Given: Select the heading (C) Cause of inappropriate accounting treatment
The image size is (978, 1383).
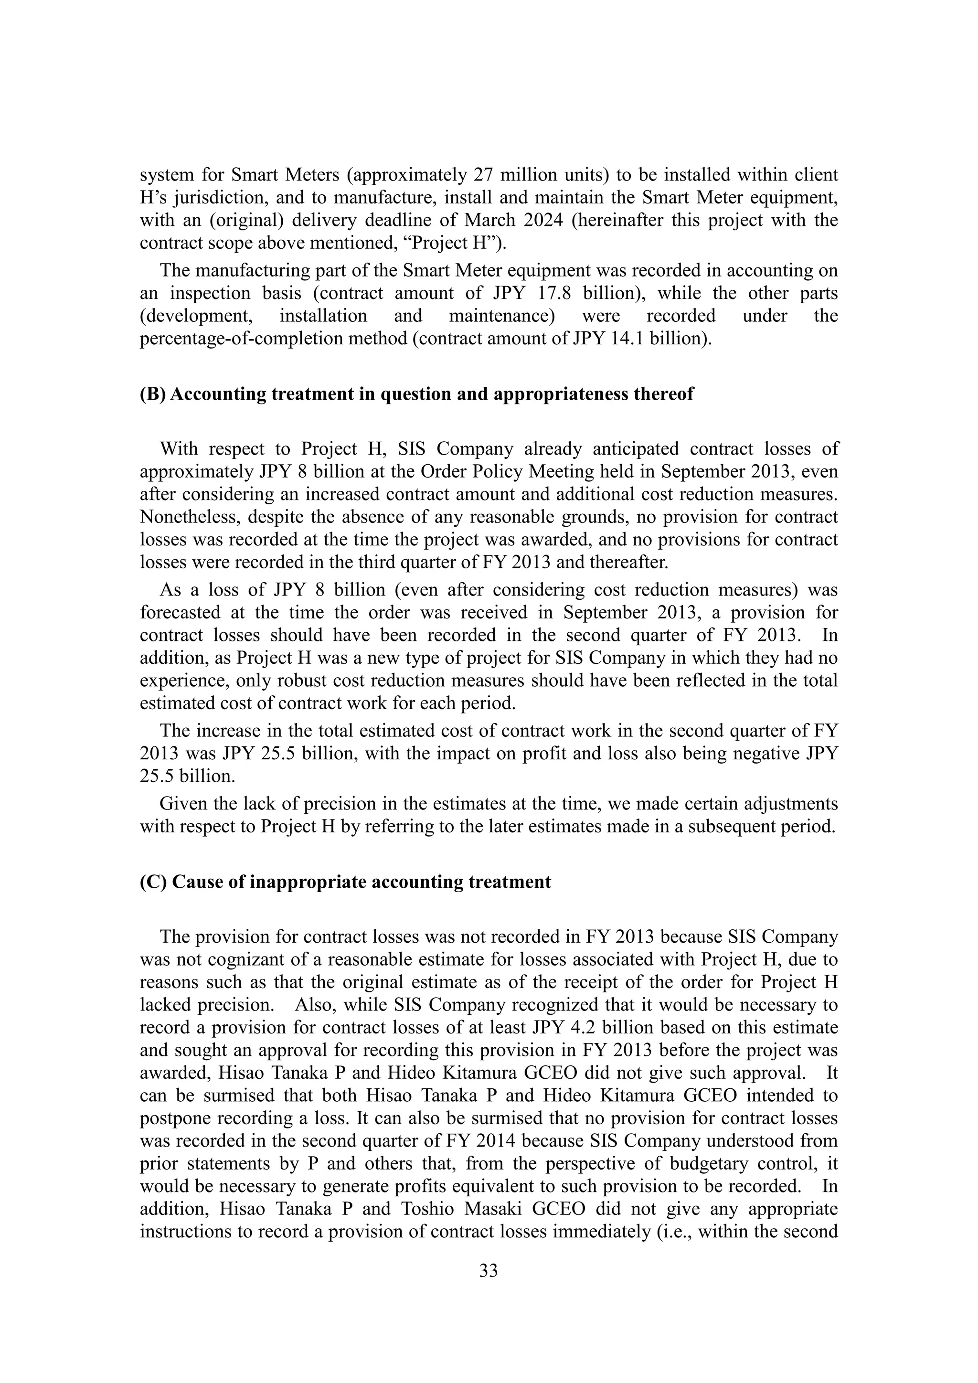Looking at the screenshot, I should (x=345, y=882).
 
